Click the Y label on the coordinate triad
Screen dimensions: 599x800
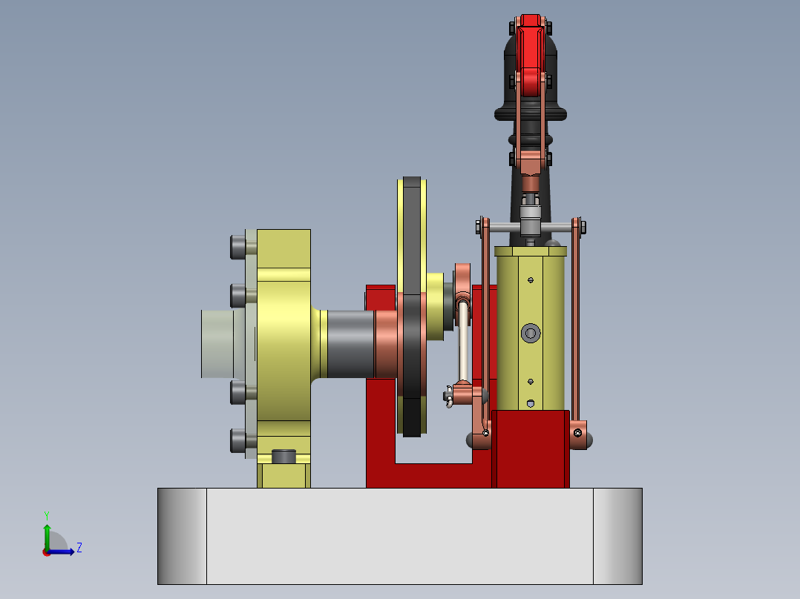tap(47, 514)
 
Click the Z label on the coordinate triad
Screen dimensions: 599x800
tap(79, 548)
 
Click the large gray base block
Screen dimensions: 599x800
tap(399, 535)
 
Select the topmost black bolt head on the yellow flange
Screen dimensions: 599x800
tap(238, 247)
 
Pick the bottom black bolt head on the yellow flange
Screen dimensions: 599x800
tap(238, 441)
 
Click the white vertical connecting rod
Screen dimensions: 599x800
tap(464, 345)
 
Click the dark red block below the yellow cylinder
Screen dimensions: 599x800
tap(530, 449)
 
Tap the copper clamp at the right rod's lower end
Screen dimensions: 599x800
tap(579, 434)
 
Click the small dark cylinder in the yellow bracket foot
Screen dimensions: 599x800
tap(284, 456)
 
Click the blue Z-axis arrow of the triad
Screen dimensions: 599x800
tap(63, 552)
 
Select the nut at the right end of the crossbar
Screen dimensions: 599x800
tap(581, 225)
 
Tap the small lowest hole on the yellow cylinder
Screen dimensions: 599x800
tap(531, 403)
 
